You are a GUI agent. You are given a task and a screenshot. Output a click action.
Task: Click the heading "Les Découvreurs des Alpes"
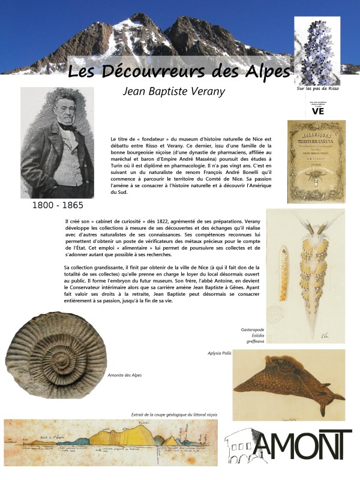pyautogui.click(x=179, y=71)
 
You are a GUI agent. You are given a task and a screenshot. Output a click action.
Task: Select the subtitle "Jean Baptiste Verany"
pyautogui.click(x=173, y=92)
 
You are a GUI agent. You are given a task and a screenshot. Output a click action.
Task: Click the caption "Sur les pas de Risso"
pyautogui.click(x=318, y=88)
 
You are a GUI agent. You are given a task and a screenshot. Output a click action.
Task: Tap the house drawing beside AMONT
pyautogui.click(x=245, y=448)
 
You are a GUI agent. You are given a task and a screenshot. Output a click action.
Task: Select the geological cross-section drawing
pyautogui.click(x=110, y=444)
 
